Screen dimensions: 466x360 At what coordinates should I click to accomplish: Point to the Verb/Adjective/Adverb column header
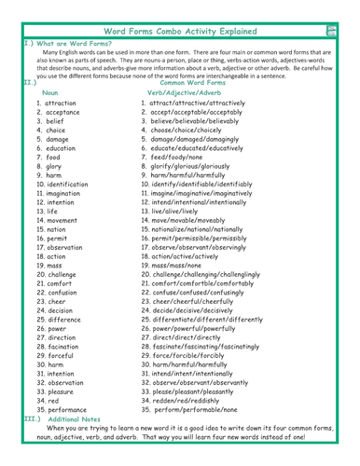[x=185, y=95]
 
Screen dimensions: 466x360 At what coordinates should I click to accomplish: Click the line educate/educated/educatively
[x=200, y=149]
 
